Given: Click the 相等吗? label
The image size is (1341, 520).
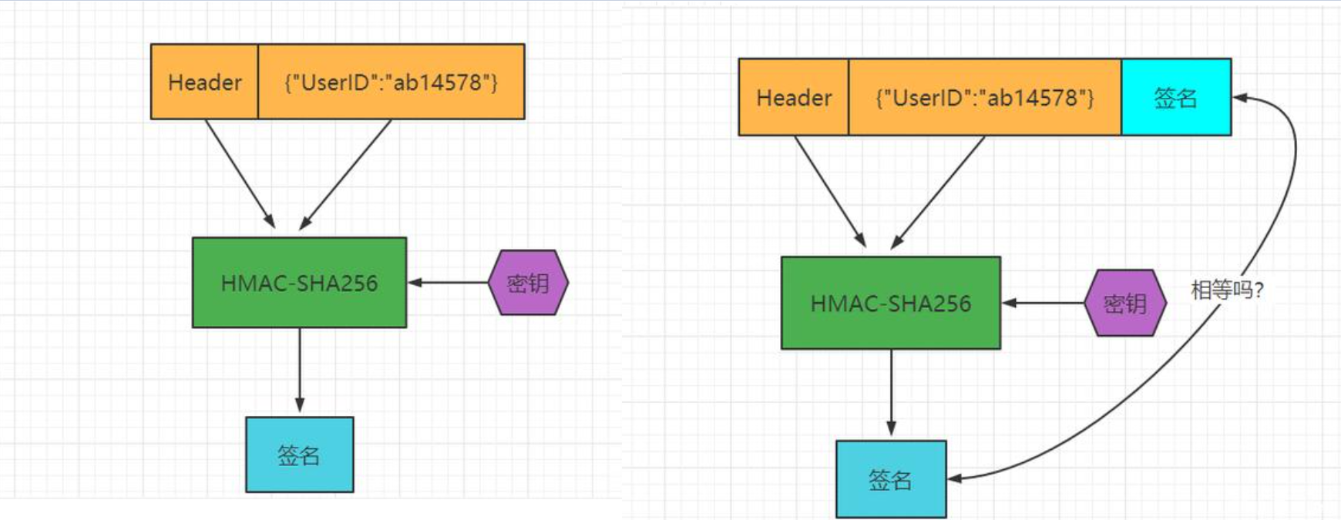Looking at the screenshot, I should click(x=1227, y=290).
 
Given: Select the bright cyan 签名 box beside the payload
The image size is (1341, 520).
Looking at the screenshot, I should click(x=1176, y=97).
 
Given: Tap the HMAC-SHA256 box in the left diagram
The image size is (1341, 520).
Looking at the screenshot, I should click(x=299, y=283).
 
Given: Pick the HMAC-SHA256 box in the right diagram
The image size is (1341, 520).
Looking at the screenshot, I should click(x=891, y=303).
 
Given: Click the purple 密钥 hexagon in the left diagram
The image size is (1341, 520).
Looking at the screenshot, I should click(x=528, y=283).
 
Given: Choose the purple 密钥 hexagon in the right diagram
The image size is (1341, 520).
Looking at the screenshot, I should click(x=1124, y=303).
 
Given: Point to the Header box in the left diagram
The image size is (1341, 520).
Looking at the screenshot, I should click(x=204, y=82).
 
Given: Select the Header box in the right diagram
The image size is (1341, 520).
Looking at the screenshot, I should click(x=794, y=97).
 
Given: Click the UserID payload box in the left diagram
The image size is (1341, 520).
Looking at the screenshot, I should click(x=391, y=82).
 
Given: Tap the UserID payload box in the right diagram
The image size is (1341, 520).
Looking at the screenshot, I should click(x=984, y=97).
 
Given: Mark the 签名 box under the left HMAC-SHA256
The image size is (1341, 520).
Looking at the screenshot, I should click(x=299, y=455).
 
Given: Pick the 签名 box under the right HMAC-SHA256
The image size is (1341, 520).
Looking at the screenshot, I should click(x=891, y=479).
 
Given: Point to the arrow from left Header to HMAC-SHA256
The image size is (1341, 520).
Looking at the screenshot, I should click(x=240, y=173).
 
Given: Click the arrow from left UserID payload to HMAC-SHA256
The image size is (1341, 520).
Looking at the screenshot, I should click(x=346, y=174).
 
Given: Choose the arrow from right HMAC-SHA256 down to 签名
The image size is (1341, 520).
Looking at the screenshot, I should click(x=891, y=394).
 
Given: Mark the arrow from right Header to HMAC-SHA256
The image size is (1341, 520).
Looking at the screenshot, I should click(x=830, y=191).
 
